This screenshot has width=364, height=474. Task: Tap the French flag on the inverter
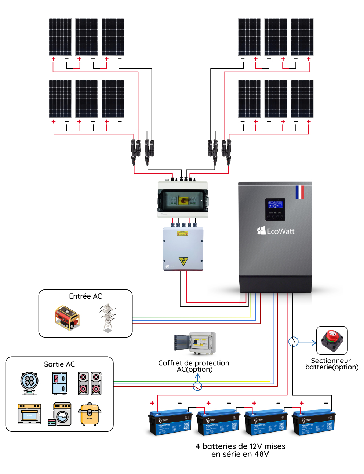point(299,192)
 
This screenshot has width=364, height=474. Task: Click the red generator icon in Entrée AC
point(67,318)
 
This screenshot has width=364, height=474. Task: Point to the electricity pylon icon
point(108,318)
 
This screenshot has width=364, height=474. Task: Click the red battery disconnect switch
point(332,340)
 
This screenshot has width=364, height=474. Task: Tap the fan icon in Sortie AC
point(29,383)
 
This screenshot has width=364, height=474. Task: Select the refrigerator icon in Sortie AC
point(59,383)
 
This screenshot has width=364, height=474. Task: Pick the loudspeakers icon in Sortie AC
point(90,383)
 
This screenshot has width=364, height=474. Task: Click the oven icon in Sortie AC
point(29,414)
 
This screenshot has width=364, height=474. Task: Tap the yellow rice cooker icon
point(89,414)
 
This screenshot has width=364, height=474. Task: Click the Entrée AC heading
point(85,296)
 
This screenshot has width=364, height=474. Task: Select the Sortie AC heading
point(59,364)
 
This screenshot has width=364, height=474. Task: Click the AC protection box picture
point(195,343)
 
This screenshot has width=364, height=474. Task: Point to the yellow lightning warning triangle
point(183,261)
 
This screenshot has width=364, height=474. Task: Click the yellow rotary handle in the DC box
point(183,200)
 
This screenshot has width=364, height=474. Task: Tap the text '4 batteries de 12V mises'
point(240,446)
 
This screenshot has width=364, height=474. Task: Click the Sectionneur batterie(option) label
point(332,364)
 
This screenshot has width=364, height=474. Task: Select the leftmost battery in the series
point(170,423)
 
